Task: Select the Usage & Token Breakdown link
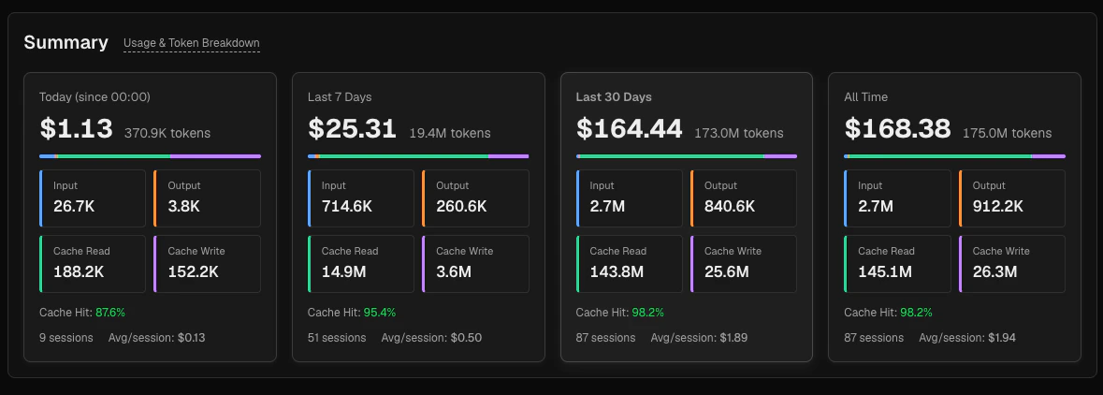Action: click(192, 43)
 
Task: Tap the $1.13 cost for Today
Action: click(76, 129)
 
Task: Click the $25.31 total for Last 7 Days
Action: click(352, 129)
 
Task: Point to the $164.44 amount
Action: click(629, 129)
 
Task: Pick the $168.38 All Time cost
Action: click(897, 129)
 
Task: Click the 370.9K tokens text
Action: click(167, 133)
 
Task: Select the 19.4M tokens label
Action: click(449, 133)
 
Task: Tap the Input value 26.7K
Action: click(74, 206)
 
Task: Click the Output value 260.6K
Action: click(461, 206)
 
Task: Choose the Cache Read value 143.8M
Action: click(618, 271)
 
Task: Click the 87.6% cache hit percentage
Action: click(110, 312)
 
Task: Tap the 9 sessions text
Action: click(65, 337)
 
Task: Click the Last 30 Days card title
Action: click(614, 96)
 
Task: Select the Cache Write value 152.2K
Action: click(193, 271)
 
